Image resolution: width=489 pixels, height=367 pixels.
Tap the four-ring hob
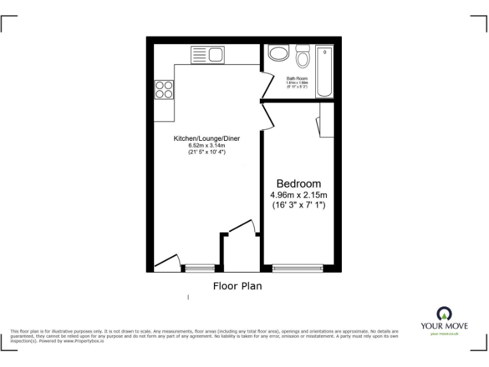164,89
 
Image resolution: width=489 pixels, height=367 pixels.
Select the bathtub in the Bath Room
325,71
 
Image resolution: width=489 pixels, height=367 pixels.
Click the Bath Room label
297,78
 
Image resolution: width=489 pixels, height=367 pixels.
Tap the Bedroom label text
298,182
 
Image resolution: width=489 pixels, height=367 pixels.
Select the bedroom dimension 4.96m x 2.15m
299,194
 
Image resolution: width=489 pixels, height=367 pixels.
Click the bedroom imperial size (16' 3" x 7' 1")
299,205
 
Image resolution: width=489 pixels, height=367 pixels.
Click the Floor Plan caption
237,286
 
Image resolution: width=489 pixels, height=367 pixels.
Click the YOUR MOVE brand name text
444,326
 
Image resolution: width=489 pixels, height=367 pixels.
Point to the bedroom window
298,268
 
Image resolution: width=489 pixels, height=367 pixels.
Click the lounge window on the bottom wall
199,268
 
